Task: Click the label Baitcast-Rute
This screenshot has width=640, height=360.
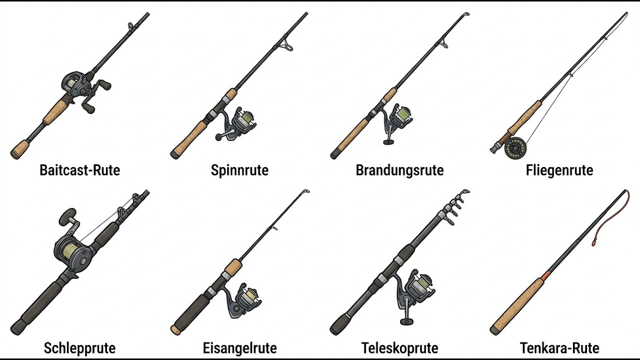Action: pos(79,170)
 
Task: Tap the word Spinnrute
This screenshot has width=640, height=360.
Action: pos(239,170)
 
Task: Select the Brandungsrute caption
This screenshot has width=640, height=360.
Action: pos(399,170)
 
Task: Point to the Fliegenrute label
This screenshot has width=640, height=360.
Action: pos(559,170)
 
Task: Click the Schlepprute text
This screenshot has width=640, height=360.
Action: pos(79,348)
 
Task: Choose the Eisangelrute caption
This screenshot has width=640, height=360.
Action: pos(239,348)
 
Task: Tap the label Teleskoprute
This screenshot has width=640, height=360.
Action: pos(399,348)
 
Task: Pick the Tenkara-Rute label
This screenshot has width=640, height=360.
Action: pos(559,348)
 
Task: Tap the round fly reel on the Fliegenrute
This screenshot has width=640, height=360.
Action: pos(515,148)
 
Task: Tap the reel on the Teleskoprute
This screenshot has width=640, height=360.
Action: pos(415,294)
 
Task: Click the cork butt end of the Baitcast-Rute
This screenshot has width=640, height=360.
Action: pos(20,149)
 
